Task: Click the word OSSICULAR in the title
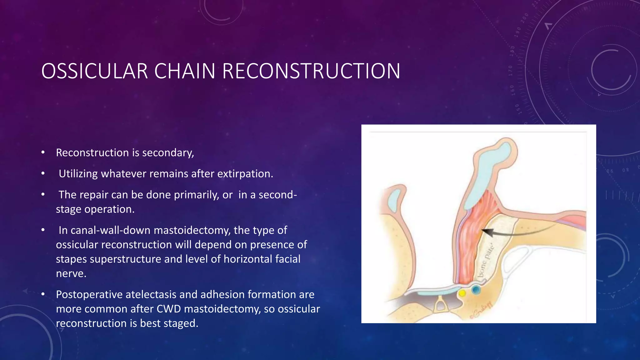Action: point(94,71)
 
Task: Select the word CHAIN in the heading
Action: point(184,71)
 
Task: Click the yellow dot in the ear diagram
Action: point(462,293)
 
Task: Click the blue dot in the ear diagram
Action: point(476,290)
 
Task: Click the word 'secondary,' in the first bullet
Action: point(168,153)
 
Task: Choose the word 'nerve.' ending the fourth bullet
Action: point(71,273)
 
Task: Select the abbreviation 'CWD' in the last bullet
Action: point(169,309)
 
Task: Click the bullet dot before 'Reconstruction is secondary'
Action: point(43,152)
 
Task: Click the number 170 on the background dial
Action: point(511,71)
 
